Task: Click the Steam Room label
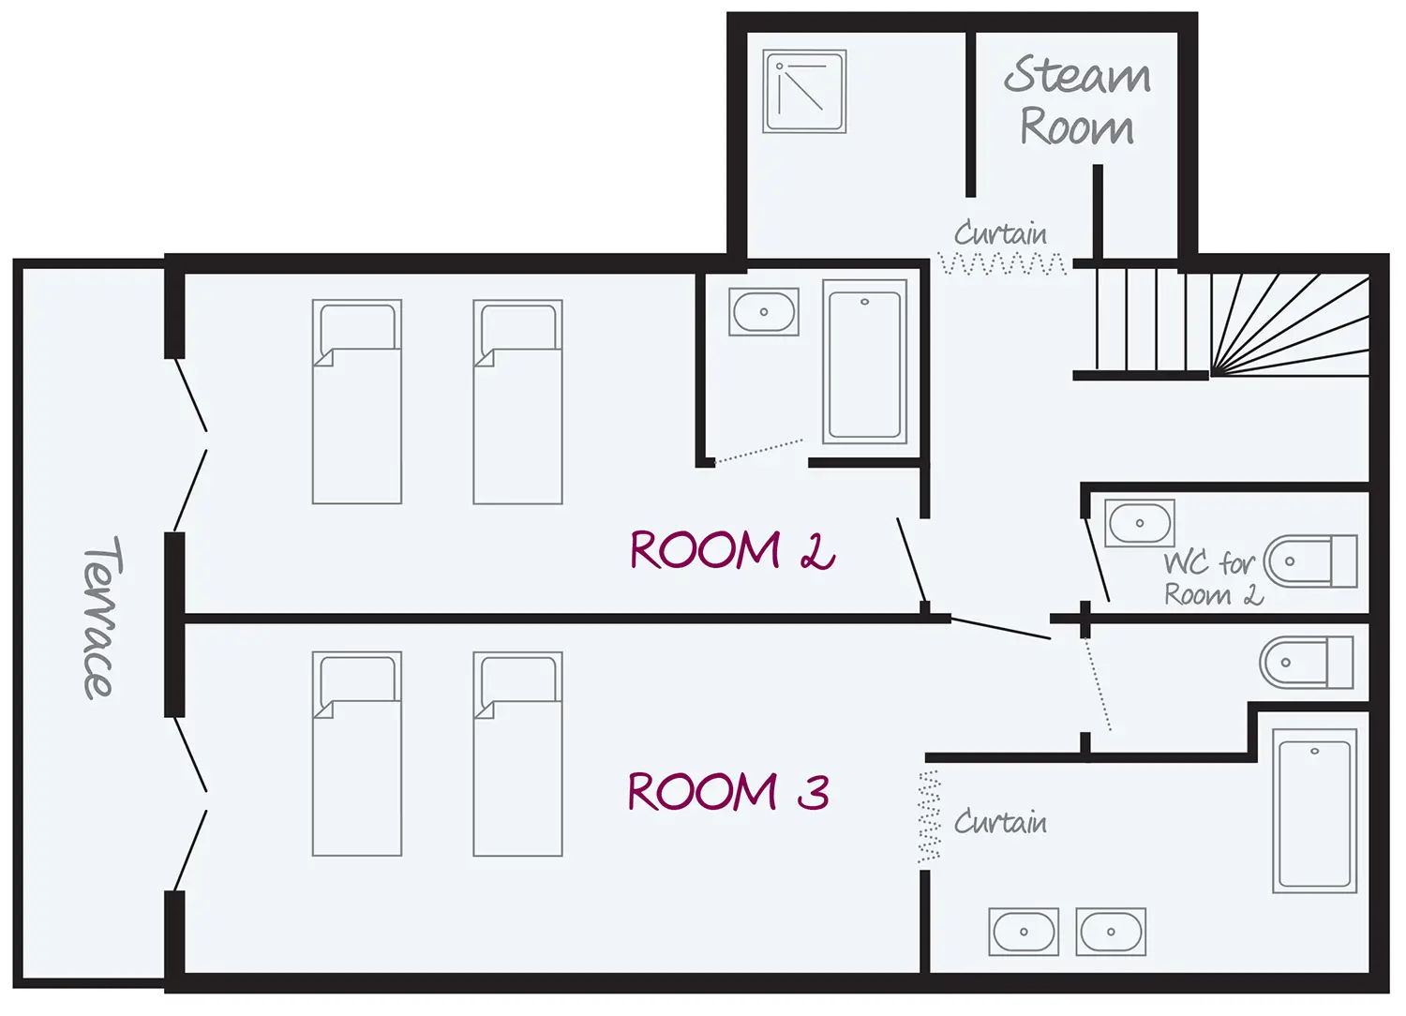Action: [1078, 101]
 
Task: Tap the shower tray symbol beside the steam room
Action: [804, 92]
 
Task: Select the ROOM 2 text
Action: [731, 550]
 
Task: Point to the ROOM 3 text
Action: [728, 792]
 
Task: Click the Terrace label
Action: [101, 619]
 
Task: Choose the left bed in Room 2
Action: [357, 402]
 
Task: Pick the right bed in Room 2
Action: [517, 402]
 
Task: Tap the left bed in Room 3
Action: [357, 755]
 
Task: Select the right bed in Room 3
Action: [517, 755]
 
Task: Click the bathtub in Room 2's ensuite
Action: [865, 362]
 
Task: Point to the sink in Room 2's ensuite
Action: [764, 312]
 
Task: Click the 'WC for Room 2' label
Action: [1212, 579]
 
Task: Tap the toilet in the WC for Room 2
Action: [1309, 561]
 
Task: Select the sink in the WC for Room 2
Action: [1140, 523]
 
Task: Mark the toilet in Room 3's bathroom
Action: [1306, 662]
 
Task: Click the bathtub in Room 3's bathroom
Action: [1315, 811]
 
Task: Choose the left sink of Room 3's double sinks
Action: [1024, 932]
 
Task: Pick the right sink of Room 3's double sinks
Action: [1111, 932]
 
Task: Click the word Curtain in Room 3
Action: [1000, 823]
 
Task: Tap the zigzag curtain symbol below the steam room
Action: [1003, 265]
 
